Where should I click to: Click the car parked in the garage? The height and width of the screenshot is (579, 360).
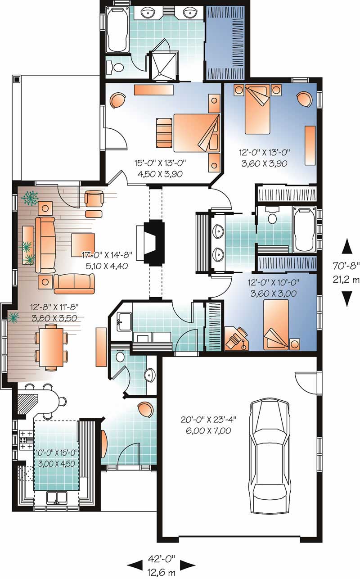click(x=269, y=457)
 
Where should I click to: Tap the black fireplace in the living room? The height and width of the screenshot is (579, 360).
click(x=154, y=242)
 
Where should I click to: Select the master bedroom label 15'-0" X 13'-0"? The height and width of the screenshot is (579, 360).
click(x=161, y=163)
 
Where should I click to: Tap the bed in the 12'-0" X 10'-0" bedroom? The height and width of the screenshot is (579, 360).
click(x=276, y=325)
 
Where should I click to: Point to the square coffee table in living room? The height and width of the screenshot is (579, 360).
click(x=83, y=244)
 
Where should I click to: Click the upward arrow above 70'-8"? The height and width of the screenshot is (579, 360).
click(x=346, y=247)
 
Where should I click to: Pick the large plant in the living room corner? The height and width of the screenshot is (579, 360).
click(x=30, y=198)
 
